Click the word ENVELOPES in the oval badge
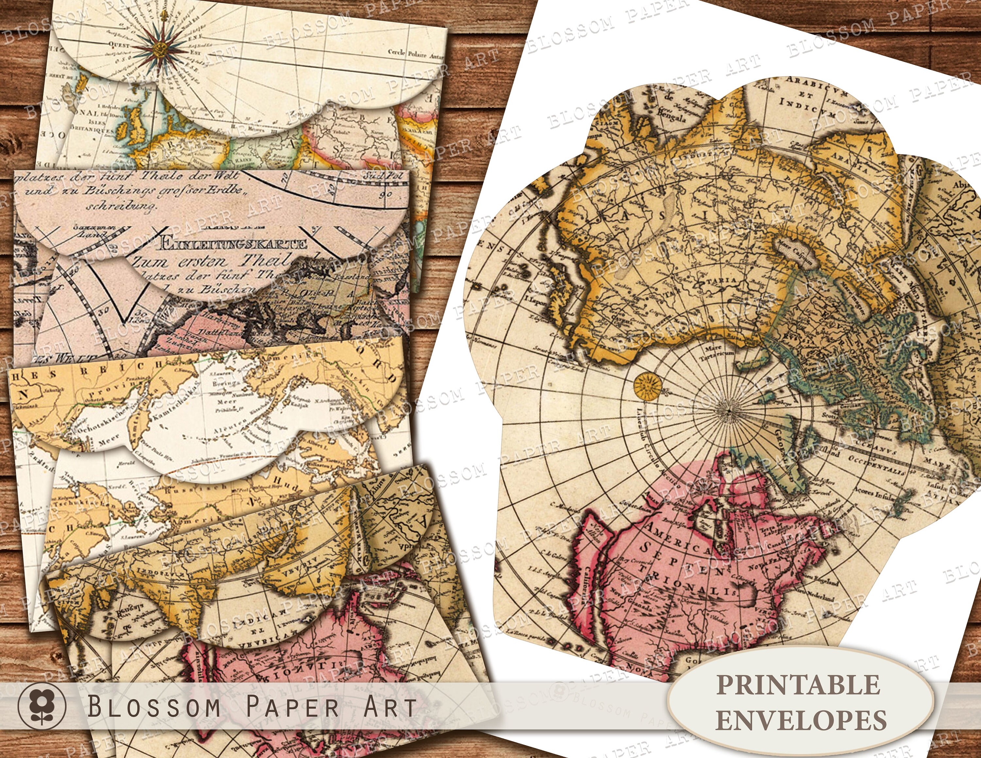coord(801,720)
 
